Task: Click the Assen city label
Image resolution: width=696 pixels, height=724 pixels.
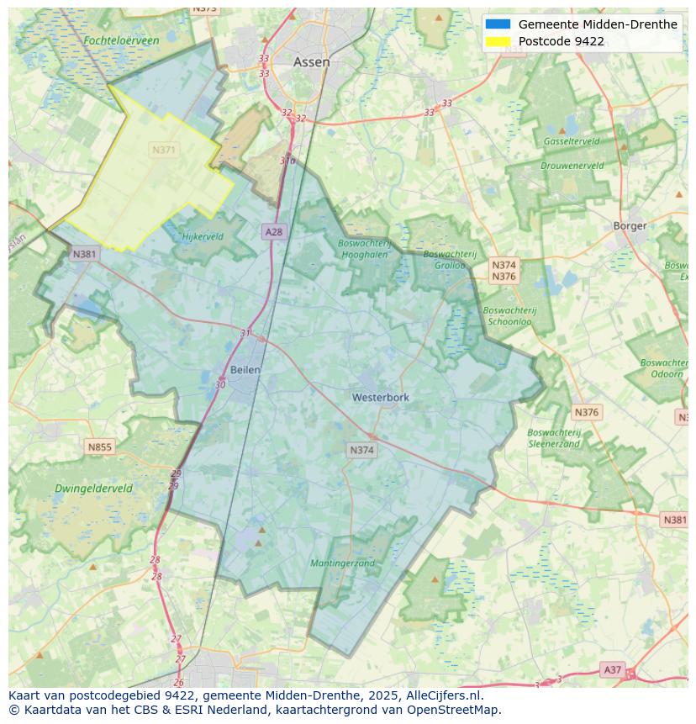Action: pyautogui.click(x=311, y=62)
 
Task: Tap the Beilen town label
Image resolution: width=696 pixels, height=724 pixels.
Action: pyautogui.click(x=245, y=369)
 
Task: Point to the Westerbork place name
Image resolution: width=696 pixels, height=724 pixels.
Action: pyautogui.click(x=381, y=397)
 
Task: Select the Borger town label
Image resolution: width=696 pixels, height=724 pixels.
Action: pyautogui.click(x=630, y=225)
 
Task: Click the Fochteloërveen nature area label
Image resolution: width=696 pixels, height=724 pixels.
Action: pyautogui.click(x=121, y=40)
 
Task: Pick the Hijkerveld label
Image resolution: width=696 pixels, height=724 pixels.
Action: pyautogui.click(x=203, y=236)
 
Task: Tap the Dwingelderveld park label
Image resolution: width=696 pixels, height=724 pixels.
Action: pyautogui.click(x=93, y=489)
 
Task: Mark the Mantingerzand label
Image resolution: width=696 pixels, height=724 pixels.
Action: pyautogui.click(x=343, y=563)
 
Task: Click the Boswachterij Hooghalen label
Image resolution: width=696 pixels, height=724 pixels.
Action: pyautogui.click(x=365, y=248)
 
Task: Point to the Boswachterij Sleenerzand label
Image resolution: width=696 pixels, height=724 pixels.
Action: pyautogui.click(x=554, y=438)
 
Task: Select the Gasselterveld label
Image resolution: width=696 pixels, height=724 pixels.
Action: pyautogui.click(x=572, y=141)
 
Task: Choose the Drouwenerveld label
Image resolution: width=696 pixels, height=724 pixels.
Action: pyautogui.click(x=572, y=166)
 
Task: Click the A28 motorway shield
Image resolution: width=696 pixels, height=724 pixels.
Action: pyautogui.click(x=273, y=231)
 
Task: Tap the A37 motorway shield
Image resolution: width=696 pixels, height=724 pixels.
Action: pyautogui.click(x=613, y=669)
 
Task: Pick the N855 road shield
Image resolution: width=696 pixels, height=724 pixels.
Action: pyautogui.click(x=99, y=447)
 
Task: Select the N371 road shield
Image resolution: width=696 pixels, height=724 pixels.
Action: pyautogui.click(x=164, y=150)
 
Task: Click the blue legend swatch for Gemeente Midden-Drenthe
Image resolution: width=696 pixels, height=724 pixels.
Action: pyautogui.click(x=498, y=24)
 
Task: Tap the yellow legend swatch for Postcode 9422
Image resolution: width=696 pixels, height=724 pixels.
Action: pyautogui.click(x=498, y=41)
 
